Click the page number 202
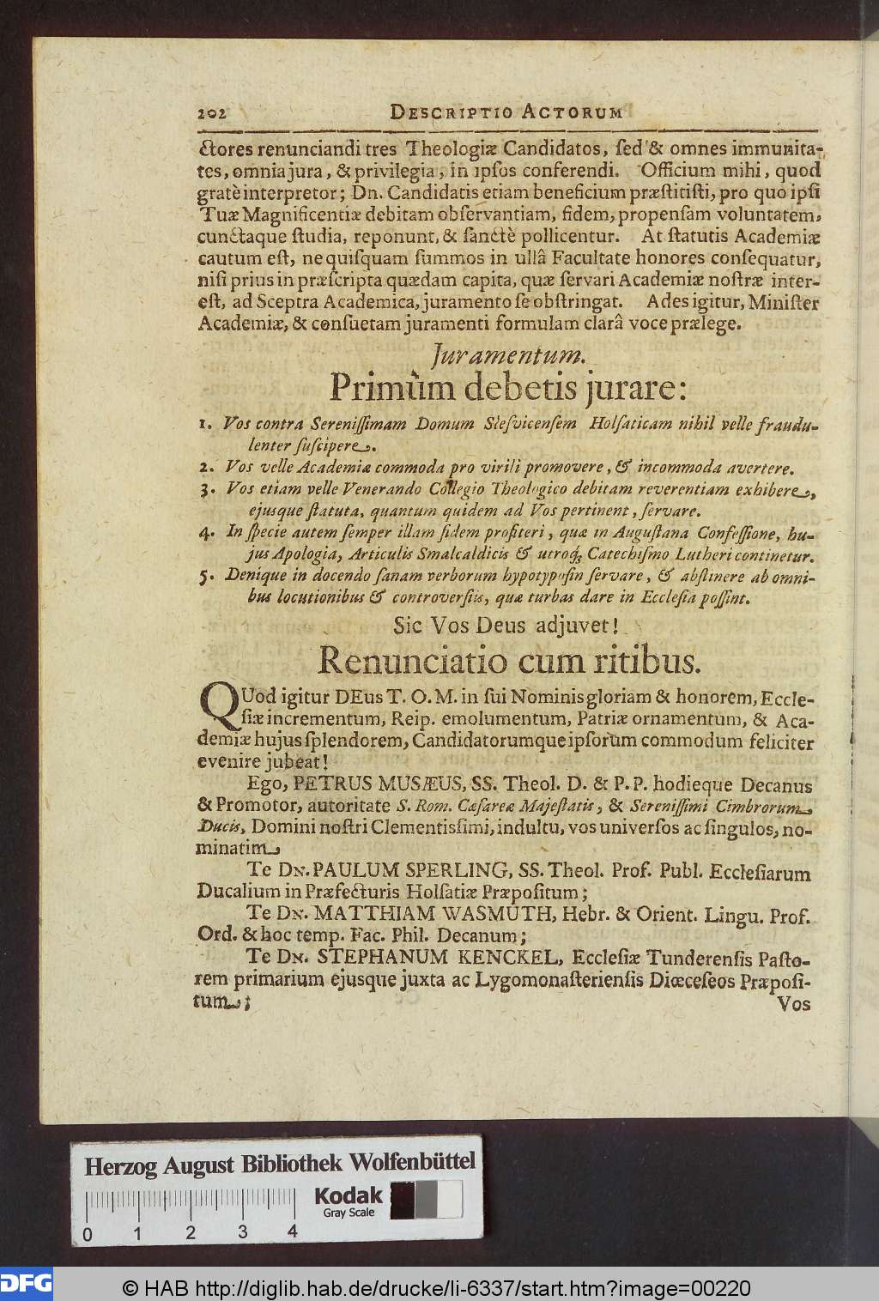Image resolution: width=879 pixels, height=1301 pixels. pyautogui.click(x=210, y=112)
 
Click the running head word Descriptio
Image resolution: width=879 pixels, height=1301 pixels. pyautogui.click(x=439, y=112)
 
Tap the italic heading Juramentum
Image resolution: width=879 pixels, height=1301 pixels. pyautogui.click(x=509, y=353)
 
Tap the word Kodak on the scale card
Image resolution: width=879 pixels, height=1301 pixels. pyautogui.click(x=349, y=1195)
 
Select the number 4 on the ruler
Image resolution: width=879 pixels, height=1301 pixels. pyautogui.click(x=293, y=1232)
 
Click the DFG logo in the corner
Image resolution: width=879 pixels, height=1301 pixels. pyautogui.click(x=26, y=1284)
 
